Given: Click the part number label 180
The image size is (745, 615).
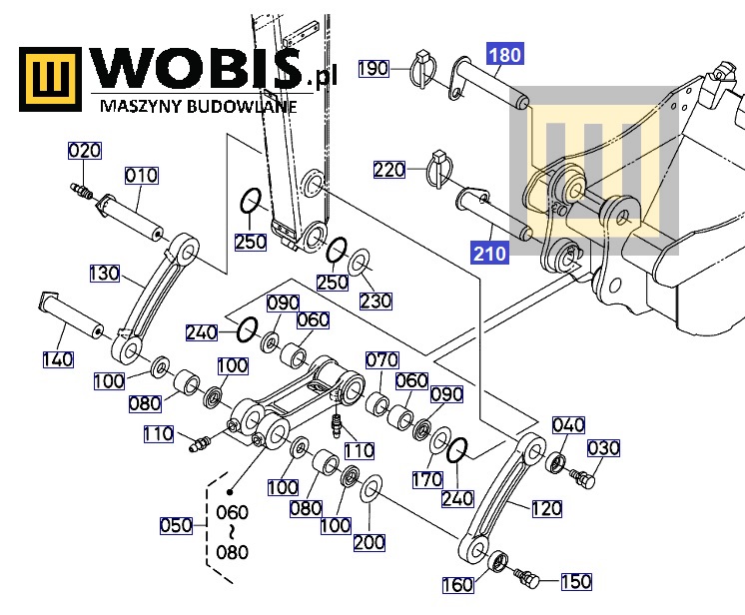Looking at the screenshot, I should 504,55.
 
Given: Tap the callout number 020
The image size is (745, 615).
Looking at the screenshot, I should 84,151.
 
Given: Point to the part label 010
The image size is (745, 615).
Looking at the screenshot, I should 141,176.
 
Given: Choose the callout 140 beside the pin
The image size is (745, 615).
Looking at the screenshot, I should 57,359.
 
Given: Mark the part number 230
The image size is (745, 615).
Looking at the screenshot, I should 375,301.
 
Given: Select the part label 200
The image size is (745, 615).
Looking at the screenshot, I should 370,542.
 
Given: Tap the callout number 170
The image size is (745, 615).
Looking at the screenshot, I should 426,480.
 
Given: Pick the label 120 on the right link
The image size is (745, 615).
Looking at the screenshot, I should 546,509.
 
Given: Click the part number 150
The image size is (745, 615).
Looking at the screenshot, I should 575,581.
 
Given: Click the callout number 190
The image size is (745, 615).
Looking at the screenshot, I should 372,69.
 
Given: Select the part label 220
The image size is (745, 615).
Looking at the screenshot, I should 389,170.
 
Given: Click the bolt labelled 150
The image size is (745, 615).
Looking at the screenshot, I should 526,576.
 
